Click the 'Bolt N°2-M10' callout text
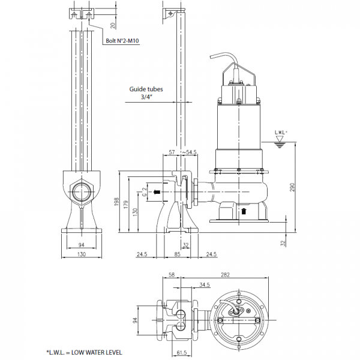click(x=122, y=41)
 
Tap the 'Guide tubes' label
click(x=146, y=89)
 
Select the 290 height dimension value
click(x=292, y=187)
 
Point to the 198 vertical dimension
click(x=117, y=201)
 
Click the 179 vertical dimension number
click(x=126, y=205)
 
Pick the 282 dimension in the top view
click(x=225, y=275)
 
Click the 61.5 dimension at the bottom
click(x=182, y=353)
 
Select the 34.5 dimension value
click(x=205, y=285)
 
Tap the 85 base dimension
click(x=177, y=254)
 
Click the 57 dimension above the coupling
click(x=172, y=152)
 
